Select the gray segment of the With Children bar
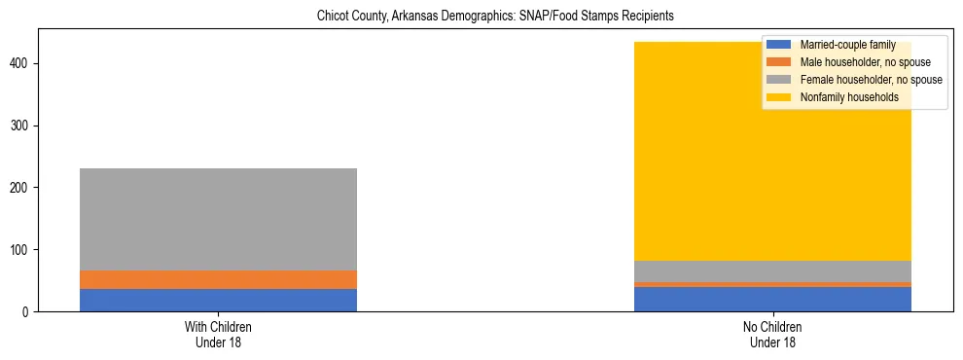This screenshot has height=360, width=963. click(218, 219)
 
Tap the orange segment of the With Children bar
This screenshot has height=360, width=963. click(218, 279)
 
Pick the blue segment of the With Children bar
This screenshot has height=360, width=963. click(218, 300)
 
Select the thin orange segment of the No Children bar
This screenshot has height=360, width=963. click(772, 284)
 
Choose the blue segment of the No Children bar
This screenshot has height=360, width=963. click(772, 299)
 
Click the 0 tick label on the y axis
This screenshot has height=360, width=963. click(29, 312)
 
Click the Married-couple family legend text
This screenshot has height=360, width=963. click(847, 45)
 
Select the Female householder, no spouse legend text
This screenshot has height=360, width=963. click(871, 80)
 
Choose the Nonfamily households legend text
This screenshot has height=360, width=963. click(849, 97)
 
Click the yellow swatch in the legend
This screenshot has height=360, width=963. click(780, 97)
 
